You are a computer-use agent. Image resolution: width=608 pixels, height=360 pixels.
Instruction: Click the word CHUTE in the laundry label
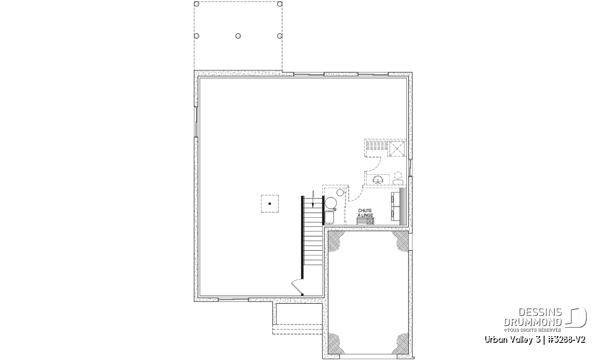coord(365,211)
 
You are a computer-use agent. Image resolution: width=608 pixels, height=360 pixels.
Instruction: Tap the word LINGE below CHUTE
coord(367,215)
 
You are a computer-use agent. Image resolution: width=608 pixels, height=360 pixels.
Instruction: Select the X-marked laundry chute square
coord(370,221)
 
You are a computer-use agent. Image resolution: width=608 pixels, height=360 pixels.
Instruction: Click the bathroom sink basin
coord(378,180)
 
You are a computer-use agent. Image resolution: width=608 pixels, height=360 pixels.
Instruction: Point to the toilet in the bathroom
coord(398,178)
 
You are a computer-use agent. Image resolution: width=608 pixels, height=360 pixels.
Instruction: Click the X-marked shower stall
coord(397,148)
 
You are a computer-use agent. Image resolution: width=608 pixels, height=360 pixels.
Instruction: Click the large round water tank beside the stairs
coord(331,203)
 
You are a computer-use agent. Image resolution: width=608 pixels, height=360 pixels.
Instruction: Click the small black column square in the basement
coord(270,204)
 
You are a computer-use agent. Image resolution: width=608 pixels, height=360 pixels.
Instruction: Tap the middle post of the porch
coord(238,36)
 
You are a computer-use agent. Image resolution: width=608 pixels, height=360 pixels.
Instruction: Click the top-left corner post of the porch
coord(197,4)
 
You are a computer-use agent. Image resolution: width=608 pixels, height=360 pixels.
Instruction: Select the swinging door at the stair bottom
coord(297,287)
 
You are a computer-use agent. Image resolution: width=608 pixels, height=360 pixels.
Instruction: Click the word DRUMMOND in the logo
coord(533,323)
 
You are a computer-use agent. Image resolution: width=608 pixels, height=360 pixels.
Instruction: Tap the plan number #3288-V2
coord(565,340)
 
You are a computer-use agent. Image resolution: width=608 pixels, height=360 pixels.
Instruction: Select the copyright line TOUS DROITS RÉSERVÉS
coord(534,330)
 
